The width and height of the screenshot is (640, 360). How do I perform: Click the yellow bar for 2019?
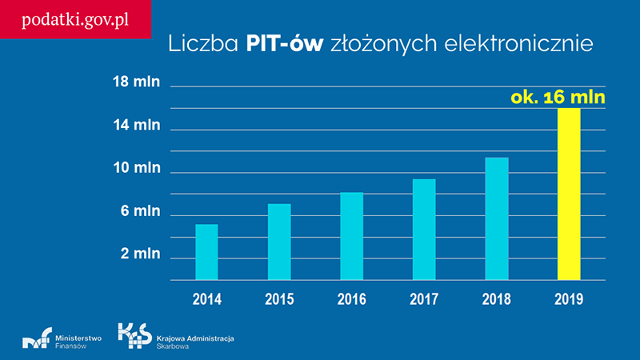569,194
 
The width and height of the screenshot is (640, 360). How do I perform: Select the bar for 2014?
206,252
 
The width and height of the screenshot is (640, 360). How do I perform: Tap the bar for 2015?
279,242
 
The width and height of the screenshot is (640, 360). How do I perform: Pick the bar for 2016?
351,237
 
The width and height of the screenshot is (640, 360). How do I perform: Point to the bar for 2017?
424,230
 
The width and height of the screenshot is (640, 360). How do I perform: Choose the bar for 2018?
496,219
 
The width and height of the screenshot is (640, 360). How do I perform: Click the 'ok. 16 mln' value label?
558,99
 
